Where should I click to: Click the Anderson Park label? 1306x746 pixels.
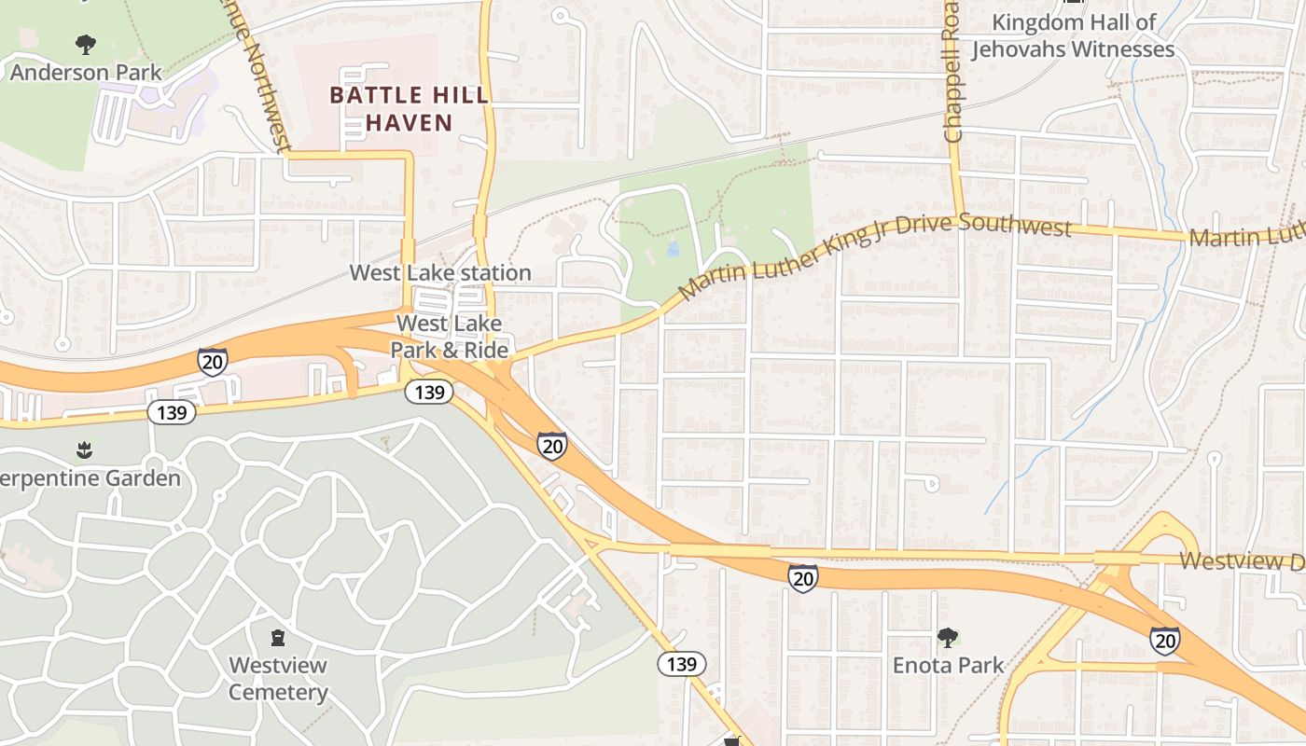[86, 72]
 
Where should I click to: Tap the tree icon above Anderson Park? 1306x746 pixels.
[86, 44]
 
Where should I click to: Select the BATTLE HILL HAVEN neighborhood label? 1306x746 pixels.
[409, 108]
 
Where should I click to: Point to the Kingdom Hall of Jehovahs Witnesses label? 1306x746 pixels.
[1073, 36]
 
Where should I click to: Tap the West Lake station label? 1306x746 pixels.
[440, 272]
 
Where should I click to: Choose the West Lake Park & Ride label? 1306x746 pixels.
[450, 337]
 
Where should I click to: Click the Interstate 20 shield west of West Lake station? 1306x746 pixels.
[213, 361]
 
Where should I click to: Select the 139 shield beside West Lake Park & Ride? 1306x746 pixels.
[429, 392]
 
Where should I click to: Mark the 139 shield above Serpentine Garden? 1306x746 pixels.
[172, 411]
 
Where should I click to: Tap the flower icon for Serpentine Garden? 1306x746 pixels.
[85, 450]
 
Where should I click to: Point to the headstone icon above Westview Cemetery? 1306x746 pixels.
[278, 638]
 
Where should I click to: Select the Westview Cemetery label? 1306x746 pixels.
[278, 679]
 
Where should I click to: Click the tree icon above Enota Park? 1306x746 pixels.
[948, 638]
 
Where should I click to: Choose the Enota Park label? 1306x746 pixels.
[948, 665]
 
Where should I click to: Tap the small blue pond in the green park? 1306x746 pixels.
[674, 249]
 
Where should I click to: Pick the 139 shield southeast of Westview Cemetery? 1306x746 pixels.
[682, 664]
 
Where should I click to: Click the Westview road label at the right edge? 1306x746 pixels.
[1242, 560]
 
